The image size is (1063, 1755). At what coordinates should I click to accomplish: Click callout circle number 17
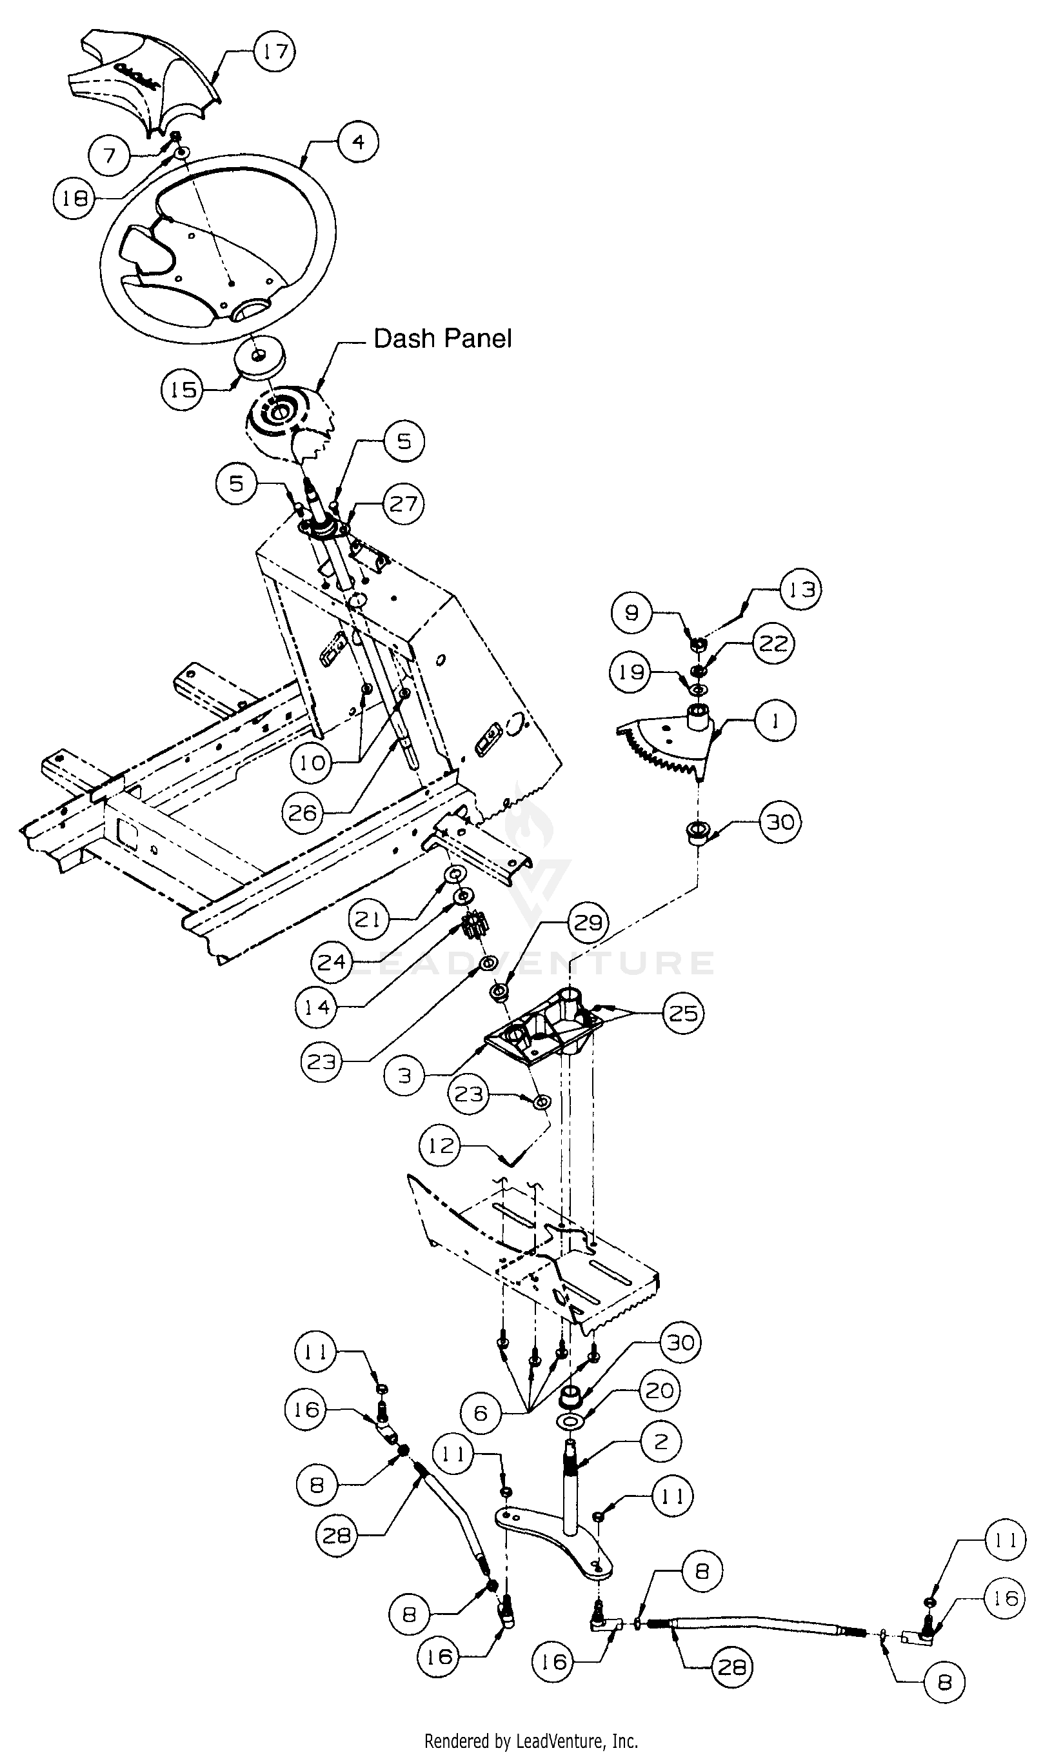pyautogui.click(x=275, y=50)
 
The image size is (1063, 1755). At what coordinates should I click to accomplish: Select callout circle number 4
pyautogui.click(x=358, y=142)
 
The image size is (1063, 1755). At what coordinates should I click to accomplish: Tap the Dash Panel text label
pyautogui.click(x=442, y=338)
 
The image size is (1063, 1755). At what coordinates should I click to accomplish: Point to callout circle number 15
pyautogui.click(x=183, y=390)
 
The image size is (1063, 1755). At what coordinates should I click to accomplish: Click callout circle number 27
pyautogui.click(x=404, y=503)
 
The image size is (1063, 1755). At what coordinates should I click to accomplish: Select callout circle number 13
pyautogui.click(x=800, y=590)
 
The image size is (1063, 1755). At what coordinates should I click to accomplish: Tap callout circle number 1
pyautogui.click(x=775, y=721)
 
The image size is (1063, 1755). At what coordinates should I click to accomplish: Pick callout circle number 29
pyautogui.click(x=588, y=923)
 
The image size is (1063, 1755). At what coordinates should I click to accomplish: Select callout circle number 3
pyautogui.click(x=404, y=1076)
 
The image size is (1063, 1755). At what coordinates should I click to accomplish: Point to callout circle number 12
pyautogui.click(x=441, y=1145)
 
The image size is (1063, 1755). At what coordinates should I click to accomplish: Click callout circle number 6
pyautogui.click(x=481, y=1413)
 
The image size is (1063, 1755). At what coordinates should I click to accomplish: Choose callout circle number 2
pyautogui.click(x=660, y=1441)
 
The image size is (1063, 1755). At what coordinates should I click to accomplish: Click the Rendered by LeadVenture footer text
pyautogui.click(x=531, y=1741)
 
